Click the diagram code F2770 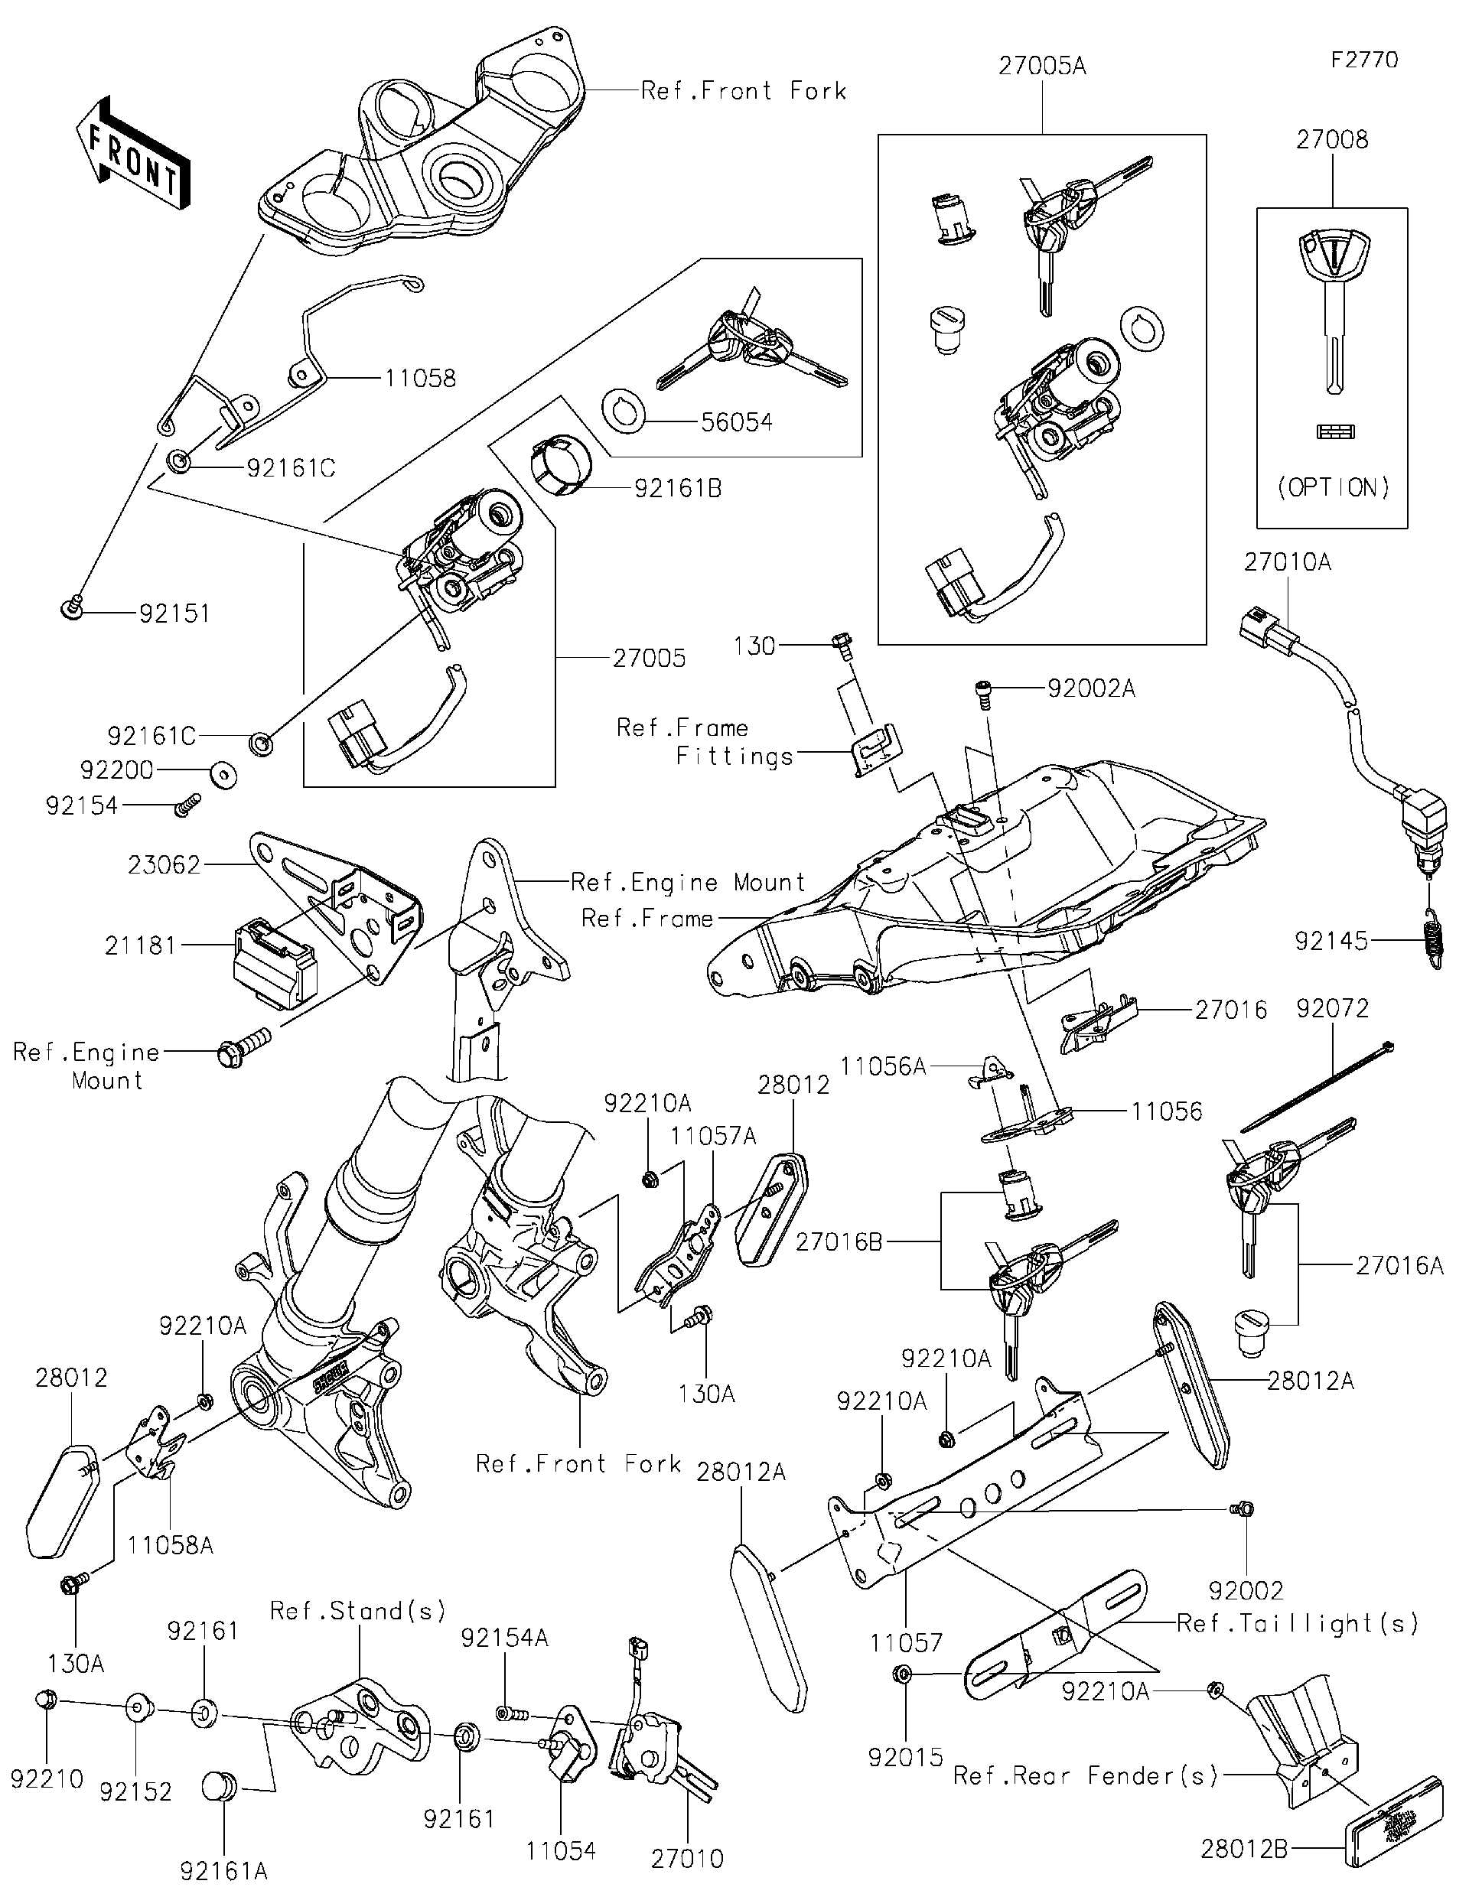pos(1365,60)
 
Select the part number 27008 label pos(1332,139)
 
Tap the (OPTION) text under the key pos(1333,487)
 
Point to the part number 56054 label pos(737,422)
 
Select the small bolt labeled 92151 pos(71,608)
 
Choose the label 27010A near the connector pos(1287,562)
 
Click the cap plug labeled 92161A pos(220,1788)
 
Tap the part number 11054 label pos(560,1851)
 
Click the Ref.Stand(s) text pos(358,1611)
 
